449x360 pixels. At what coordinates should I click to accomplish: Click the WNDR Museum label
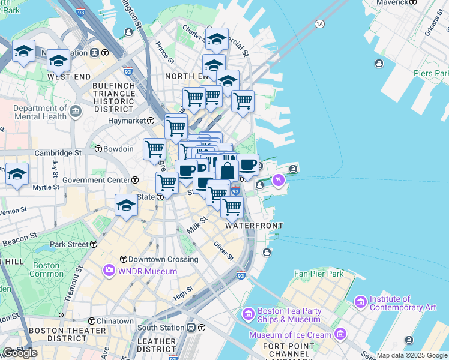click(x=148, y=271)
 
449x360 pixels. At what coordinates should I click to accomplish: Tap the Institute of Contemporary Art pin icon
click(x=360, y=300)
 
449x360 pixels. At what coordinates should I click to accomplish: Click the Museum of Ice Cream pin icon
click(x=341, y=334)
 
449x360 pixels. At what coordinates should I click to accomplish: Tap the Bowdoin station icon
click(x=98, y=148)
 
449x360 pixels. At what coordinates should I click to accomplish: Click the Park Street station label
click(x=69, y=244)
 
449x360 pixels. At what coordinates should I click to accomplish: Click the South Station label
click(x=160, y=328)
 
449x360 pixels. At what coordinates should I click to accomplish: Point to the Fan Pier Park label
click(x=319, y=274)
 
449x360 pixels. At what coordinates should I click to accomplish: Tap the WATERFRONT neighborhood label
click(x=253, y=226)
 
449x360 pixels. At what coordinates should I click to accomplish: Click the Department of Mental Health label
click(x=40, y=112)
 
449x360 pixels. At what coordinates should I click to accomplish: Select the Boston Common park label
click(x=46, y=269)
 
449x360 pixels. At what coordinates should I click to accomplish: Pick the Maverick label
click(x=392, y=3)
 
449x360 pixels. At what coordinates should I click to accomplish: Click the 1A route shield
click(x=319, y=24)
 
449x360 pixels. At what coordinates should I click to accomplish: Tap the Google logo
click(x=20, y=352)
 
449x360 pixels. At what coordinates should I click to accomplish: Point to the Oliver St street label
click(x=223, y=250)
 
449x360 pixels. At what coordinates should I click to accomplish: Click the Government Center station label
click(x=95, y=180)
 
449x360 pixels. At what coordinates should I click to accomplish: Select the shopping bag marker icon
click(x=228, y=171)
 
